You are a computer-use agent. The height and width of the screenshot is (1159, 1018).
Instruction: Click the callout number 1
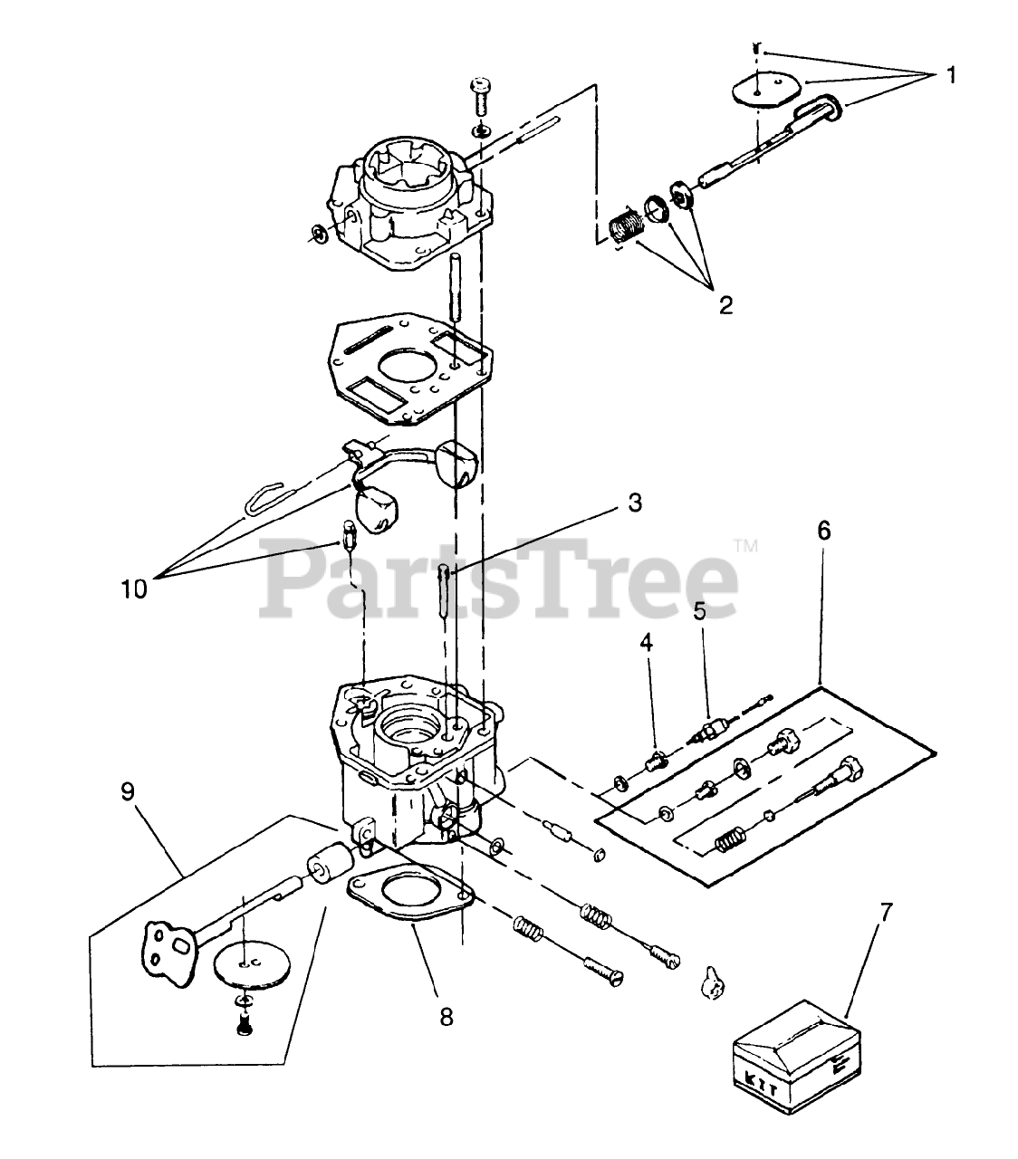pos(950,74)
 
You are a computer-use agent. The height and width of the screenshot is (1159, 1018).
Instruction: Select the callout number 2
pos(725,304)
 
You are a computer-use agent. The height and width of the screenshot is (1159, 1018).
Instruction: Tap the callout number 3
pos(635,503)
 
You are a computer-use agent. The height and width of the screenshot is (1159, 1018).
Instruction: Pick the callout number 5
pos(699,612)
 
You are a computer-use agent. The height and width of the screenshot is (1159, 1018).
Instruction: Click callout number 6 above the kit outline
pos(823,530)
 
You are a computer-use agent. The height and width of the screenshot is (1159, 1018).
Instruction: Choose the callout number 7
pos(885,912)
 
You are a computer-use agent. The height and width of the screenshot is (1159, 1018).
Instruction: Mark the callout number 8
pos(446,1017)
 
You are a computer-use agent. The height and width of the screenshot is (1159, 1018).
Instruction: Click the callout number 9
pos(128,790)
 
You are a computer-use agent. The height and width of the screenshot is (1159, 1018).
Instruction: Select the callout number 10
pos(133,589)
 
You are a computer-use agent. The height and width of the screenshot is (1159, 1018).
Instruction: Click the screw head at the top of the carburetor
pos(480,90)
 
